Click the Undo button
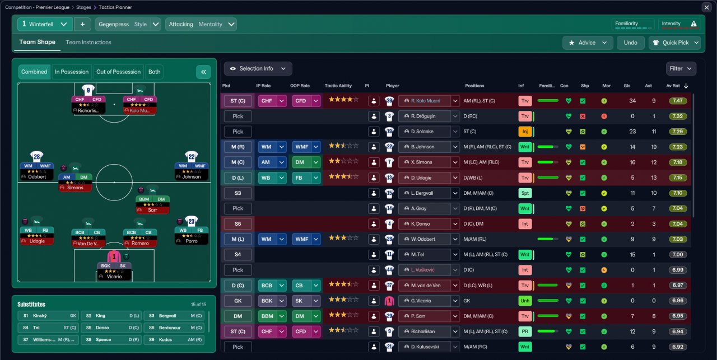[x=631, y=43]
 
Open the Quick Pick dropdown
[x=674, y=43]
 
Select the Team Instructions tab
[x=89, y=42]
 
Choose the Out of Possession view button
[x=118, y=72]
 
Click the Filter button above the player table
[x=681, y=68]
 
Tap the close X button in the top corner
[x=706, y=7]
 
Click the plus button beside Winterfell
[x=82, y=24]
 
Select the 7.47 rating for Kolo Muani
[x=677, y=101]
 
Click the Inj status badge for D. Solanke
[x=525, y=132]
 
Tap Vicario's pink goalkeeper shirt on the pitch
[x=114, y=257]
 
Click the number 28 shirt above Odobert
[x=37, y=157]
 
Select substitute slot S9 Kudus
[x=174, y=339]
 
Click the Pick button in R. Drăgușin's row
[x=238, y=116]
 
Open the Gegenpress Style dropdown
[x=129, y=24]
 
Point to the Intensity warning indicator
[x=693, y=24]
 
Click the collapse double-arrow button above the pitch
[x=203, y=72]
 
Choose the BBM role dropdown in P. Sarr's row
[x=272, y=316]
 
